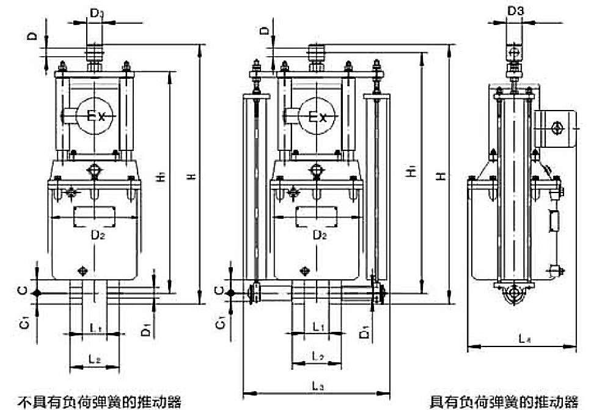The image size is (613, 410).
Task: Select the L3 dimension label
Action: (317, 386)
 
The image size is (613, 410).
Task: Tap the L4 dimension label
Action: (523, 337)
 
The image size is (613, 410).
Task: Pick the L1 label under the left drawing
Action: (95, 328)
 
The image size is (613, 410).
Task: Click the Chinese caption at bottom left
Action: (99, 401)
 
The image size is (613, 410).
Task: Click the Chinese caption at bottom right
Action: (503, 401)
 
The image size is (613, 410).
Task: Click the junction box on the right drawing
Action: (555, 128)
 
